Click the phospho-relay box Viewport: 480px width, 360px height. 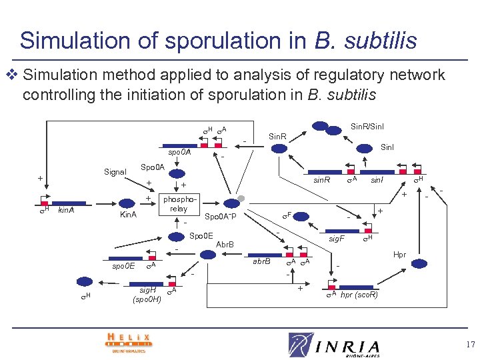(x=178, y=204)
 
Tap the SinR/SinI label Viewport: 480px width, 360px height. (x=367, y=126)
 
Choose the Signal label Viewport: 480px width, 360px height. (x=115, y=172)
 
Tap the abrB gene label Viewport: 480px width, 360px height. (x=261, y=261)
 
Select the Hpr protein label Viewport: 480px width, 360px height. (x=399, y=255)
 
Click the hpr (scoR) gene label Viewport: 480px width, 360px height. (x=359, y=295)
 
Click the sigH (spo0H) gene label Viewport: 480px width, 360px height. (x=147, y=294)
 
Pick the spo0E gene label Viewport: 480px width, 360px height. (x=123, y=266)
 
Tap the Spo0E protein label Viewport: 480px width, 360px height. (x=201, y=235)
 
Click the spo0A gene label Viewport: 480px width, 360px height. (x=179, y=152)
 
